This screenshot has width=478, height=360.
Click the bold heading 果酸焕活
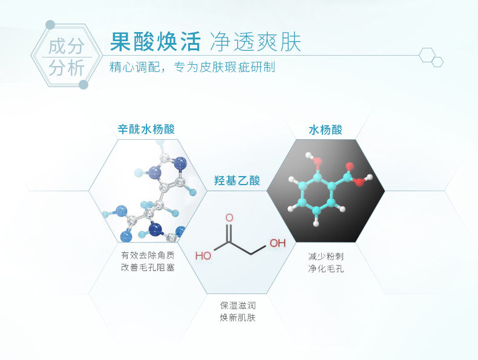tap(155, 42)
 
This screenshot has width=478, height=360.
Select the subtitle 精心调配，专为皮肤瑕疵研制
tap(192, 67)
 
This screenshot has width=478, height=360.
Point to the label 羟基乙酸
tap(237, 180)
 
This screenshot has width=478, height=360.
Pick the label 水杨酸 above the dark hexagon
tap(326, 129)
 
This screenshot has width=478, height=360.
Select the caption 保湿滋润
tap(238, 306)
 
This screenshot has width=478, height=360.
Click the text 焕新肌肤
tap(238, 318)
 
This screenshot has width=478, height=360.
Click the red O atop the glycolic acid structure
tap(229, 217)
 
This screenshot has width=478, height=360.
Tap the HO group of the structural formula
tap(204, 255)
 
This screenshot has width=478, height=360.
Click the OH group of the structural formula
tap(277, 243)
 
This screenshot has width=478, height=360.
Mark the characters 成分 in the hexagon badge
tap(67, 46)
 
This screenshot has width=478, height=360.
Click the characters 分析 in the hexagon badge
tap(67, 68)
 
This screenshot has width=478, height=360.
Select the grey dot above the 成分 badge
tap(50, 25)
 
